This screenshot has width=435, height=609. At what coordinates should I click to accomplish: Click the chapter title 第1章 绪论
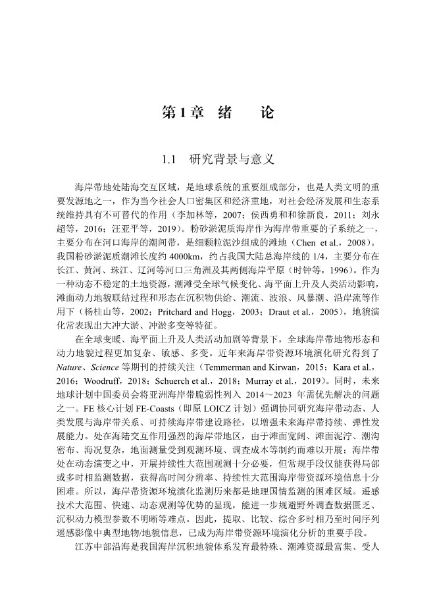[217, 113]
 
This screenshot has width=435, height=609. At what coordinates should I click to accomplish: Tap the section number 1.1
[170, 159]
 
